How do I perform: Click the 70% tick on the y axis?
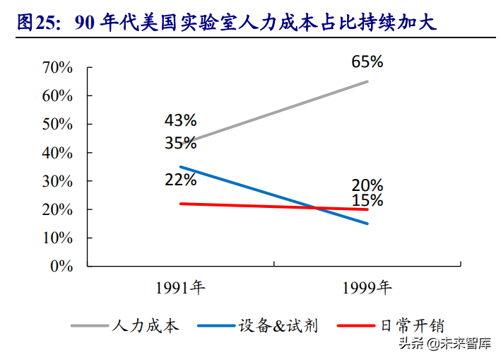tap(58, 67)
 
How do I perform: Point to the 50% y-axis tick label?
tap(58, 124)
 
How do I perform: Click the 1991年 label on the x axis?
tap(180, 287)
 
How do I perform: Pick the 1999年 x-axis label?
tap(367, 287)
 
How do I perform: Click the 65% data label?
tap(367, 62)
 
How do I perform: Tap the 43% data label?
tap(181, 120)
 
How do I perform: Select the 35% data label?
tap(181, 143)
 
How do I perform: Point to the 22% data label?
tap(181, 180)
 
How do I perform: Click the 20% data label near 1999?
tap(367, 185)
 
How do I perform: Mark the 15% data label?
tap(367, 201)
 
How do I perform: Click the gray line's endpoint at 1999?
tap(367, 81)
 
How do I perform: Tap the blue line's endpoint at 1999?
tap(367, 223)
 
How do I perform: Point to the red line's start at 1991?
tap(181, 204)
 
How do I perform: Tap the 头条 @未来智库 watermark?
tap(444, 344)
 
